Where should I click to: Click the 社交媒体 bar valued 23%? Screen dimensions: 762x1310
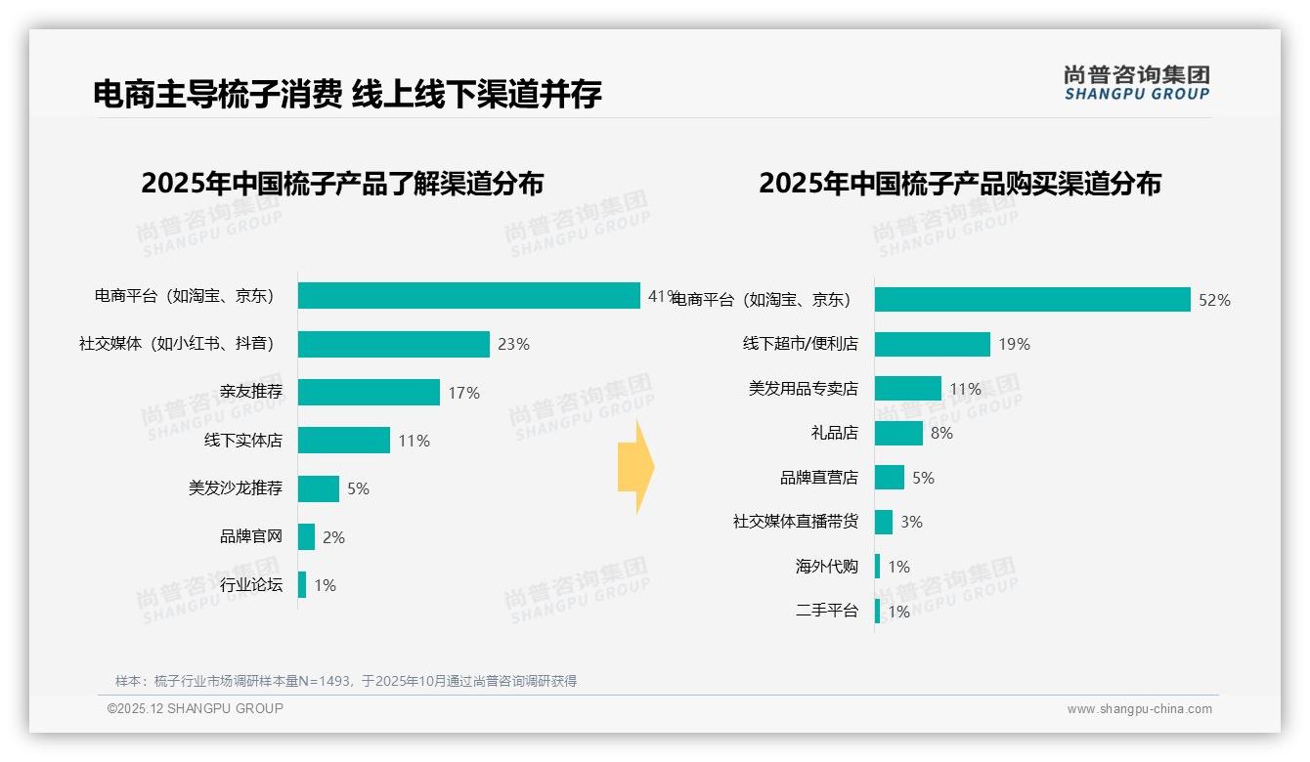[393, 344]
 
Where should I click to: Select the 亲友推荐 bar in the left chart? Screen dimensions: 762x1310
[369, 392]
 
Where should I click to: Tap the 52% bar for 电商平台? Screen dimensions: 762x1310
[1031, 300]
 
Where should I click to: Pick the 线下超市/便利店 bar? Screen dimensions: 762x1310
[932, 344]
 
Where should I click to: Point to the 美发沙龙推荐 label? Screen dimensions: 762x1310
[235, 488]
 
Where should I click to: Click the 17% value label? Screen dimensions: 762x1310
[463, 393]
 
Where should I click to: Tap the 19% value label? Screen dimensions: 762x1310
[1014, 344]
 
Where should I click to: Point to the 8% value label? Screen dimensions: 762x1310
[941, 433]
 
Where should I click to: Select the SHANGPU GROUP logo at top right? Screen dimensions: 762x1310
[1136, 82]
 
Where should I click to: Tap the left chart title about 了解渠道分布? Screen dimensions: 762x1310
[342, 184]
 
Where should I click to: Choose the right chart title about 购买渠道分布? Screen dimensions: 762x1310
[960, 184]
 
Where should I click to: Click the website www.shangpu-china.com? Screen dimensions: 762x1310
[1139, 709]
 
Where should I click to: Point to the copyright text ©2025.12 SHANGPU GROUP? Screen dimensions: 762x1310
[196, 709]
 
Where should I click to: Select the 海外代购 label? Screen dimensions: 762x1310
[826, 567]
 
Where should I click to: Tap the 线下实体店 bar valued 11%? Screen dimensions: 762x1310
[343, 441]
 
